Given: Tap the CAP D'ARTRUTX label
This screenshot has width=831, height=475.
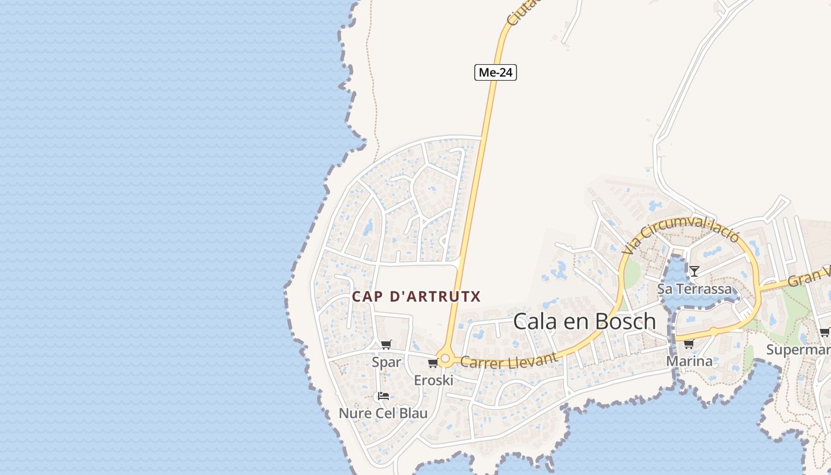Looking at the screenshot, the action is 416,296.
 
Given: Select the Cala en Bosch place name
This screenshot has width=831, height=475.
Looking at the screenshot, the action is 584,321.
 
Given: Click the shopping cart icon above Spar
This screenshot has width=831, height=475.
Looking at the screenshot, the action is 386,344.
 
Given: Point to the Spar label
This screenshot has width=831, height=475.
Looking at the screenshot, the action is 386,362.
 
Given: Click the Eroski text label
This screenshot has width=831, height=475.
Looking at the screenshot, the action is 433,381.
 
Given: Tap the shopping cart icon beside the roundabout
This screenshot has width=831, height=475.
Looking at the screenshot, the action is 433,363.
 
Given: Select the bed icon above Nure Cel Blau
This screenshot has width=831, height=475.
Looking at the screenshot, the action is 383,396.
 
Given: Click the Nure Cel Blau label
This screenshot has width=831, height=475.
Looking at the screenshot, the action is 383,413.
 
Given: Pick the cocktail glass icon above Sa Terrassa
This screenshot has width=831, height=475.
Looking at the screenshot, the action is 694,271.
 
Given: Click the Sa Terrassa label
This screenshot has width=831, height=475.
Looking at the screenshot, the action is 694,289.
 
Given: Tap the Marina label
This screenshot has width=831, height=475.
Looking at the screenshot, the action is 689,361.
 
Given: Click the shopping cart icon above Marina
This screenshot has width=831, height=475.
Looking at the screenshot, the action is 689,344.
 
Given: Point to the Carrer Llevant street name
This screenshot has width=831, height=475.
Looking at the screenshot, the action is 509,360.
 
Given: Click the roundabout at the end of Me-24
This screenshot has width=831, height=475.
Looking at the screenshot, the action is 445,359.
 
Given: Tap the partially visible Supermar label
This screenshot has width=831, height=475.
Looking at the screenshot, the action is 798,349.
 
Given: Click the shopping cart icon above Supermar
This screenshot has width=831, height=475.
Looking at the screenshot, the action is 824,332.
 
